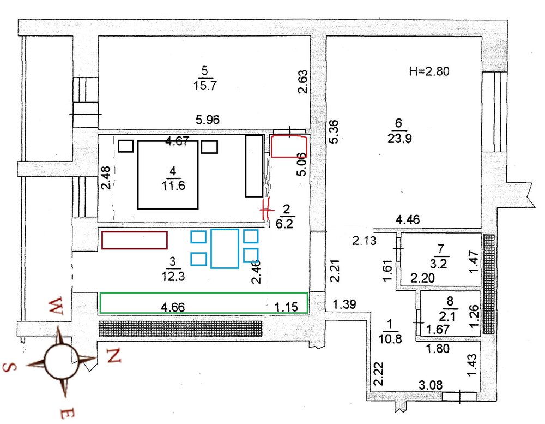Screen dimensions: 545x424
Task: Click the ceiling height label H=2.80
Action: pyautogui.click(x=429, y=71)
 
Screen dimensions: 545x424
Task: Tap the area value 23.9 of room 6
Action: pyautogui.click(x=399, y=139)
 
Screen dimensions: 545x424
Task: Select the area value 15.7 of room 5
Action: pyautogui.click(x=205, y=85)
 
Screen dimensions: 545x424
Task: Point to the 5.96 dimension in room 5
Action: pyautogui.click(x=208, y=120)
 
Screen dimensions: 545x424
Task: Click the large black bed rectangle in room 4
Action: pyautogui.click(x=138, y=174)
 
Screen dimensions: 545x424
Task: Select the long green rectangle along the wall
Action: pyautogui.click(x=204, y=293)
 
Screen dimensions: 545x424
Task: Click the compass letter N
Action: pyautogui.click(x=114, y=355)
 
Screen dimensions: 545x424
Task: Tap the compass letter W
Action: pyautogui.click(x=56, y=306)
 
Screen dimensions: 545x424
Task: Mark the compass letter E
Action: pyautogui.click(x=67, y=413)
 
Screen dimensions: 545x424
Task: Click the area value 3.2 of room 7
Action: pyautogui.click(x=439, y=264)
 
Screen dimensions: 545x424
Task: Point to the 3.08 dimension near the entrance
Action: pyautogui.click(x=431, y=385)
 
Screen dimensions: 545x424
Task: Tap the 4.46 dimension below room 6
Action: pyautogui.click(x=408, y=219)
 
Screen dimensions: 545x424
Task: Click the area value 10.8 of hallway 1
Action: pyautogui.click(x=390, y=338)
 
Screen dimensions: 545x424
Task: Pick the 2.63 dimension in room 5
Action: pyautogui.click(x=302, y=82)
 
